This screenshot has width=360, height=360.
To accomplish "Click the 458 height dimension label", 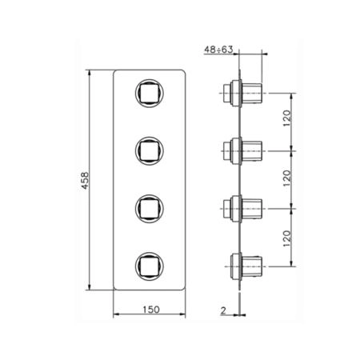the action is click(x=85, y=181).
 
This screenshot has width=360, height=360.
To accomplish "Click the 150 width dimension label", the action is click(x=151, y=310).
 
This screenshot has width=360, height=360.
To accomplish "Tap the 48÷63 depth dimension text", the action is click(x=218, y=50).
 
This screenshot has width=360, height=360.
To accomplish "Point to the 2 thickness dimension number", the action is click(x=223, y=310).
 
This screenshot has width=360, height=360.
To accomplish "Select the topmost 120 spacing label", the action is click(x=287, y=118).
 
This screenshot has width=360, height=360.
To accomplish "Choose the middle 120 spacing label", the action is click(x=287, y=178).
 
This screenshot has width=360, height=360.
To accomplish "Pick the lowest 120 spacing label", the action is click(x=287, y=238).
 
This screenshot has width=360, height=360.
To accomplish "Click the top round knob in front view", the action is click(x=149, y=93).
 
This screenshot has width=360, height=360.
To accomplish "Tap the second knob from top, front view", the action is click(x=149, y=151).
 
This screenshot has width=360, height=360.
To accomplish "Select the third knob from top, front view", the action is click(x=149, y=209).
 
